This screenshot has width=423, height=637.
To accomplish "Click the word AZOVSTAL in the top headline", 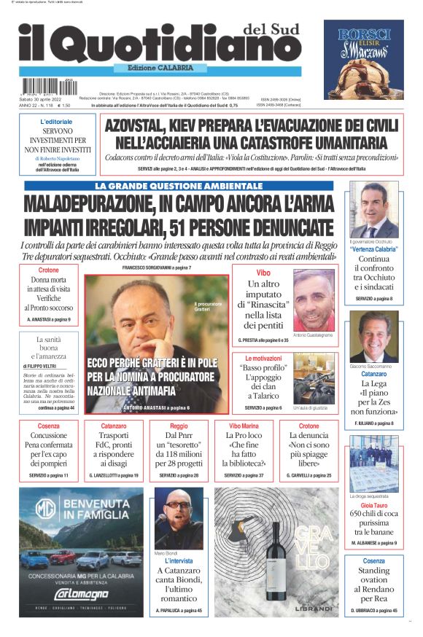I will (x=144, y=125).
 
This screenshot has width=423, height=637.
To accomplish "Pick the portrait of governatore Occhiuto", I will (x=373, y=210).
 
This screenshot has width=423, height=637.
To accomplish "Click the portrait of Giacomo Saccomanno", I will (x=373, y=337).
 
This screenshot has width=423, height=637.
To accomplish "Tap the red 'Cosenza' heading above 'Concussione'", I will (x=50, y=426).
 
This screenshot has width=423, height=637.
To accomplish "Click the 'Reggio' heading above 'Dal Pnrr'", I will (x=178, y=426).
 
